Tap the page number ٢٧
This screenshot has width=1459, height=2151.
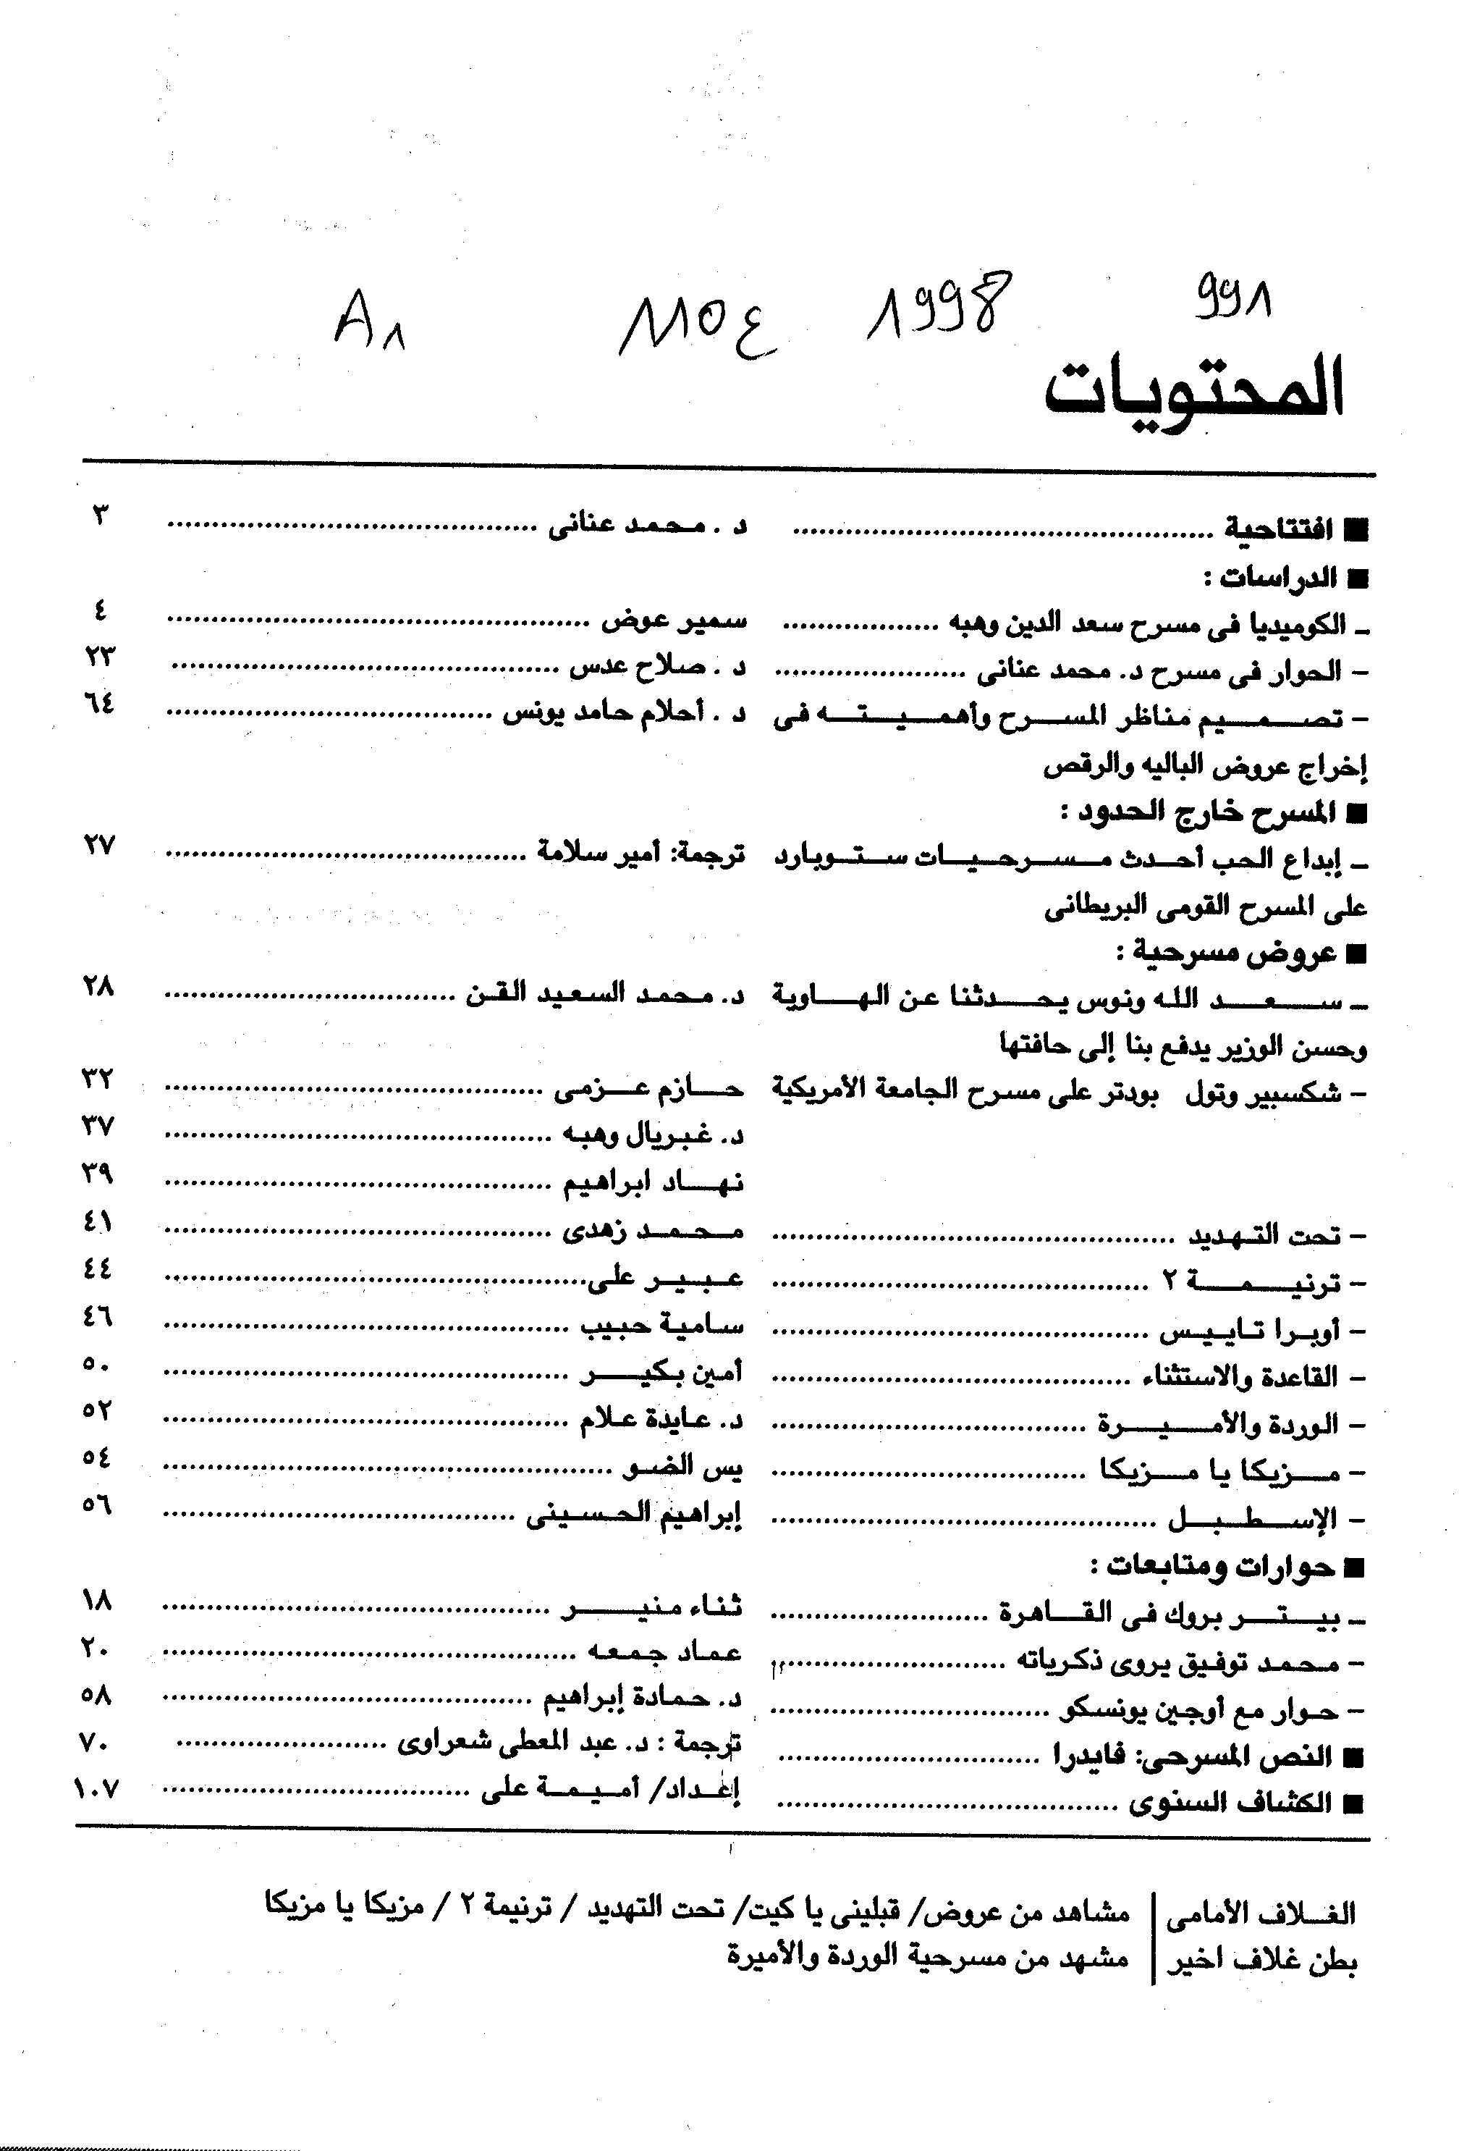tap(99, 845)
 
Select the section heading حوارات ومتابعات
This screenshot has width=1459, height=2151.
tap(1212, 1566)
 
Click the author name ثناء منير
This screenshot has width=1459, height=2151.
tap(652, 1608)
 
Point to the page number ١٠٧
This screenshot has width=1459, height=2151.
tap(97, 1789)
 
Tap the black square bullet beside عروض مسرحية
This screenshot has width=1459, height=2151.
tap(1356, 954)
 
